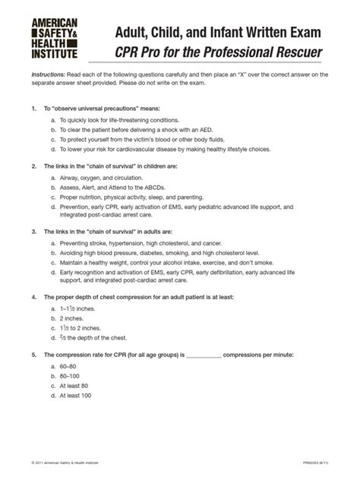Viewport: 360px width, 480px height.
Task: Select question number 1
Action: point(33,109)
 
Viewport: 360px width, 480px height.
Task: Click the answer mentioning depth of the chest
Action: point(95,338)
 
